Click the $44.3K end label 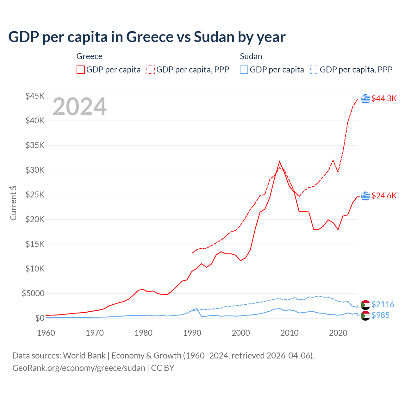[384, 98]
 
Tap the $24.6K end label [384, 196]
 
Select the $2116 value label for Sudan [383, 304]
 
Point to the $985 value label [380, 315]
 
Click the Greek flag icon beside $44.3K [365, 98]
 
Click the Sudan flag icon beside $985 [365, 315]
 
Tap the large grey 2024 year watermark [79, 107]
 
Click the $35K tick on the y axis [35, 145]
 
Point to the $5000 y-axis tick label [33, 293]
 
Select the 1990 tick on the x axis [192, 333]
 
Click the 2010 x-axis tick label [290, 333]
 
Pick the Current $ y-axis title [13, 203]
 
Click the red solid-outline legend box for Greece [81, 70]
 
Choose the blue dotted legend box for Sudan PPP [314, 70]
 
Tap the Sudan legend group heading [251, 56]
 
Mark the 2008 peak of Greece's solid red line [279, 162]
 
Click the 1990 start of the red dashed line [192, 253]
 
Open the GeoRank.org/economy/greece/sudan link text [78, 368]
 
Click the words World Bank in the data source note [84, 356]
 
